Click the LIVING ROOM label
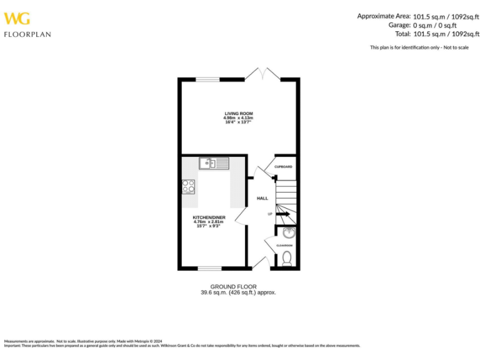click(238, 113)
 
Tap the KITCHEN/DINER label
click(209, 217)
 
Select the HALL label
click(262, 198)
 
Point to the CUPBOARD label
click(284, 167)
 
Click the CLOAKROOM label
click(284, 246)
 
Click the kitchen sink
click(214, 164)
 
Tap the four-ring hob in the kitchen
click(188, 186)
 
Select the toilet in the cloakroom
click(287, 258)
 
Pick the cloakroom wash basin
click(288, 234)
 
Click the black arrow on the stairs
click(282, 214)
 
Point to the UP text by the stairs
click(270, 214)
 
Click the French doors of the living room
click(262, 74)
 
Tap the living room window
click(207, 79)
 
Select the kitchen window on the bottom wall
click(209, 268)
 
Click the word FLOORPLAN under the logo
click(27, 34)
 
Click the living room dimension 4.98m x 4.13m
click(238, 117)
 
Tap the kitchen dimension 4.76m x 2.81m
click(209, 222)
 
